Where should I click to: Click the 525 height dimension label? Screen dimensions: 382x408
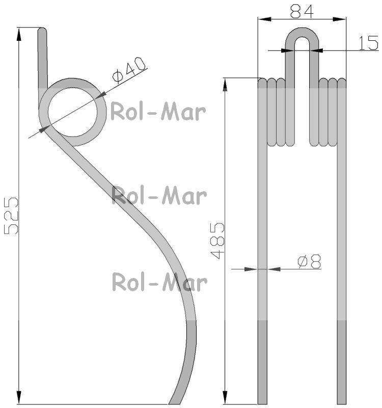click(11, 216)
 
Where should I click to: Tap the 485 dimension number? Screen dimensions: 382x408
click(217, 240)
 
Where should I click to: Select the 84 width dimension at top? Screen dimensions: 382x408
click(302, 12)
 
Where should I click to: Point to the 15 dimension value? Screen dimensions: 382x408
click(368, 43)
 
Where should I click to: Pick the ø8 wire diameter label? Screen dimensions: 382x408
click(310, 262)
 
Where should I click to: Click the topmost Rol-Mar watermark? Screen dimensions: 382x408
click(158, 112)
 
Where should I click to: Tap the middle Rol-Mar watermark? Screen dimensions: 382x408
click(159, 195)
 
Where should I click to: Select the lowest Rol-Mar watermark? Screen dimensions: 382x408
click(159, 282)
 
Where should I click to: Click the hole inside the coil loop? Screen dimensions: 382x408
click(73, 112)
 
